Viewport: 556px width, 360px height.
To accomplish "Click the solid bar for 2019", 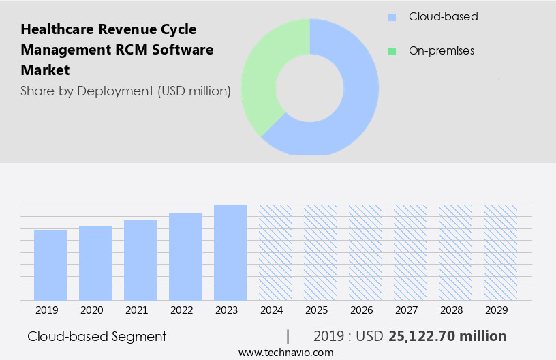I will tap(50, 265).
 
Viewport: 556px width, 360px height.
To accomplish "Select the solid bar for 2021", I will tap(140, 260).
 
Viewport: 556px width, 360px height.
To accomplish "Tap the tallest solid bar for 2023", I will tap(230, 252).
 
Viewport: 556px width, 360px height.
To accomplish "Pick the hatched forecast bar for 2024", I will tap(275, 252).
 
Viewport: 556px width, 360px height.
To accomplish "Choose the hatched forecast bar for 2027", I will tap(410, 252).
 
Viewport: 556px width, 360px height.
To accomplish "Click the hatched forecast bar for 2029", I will tap(500, 252).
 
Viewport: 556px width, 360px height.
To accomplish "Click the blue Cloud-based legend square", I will tap(392, 17).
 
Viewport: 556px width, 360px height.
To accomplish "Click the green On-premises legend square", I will tap(392, 51).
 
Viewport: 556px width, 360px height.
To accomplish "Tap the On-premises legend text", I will tap(441, 51).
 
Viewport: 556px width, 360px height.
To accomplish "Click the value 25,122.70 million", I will tap(447, 336).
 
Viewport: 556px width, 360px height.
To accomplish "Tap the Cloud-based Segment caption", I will tap(97, 336).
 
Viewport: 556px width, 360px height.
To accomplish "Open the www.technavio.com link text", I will tap(286, 352).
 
